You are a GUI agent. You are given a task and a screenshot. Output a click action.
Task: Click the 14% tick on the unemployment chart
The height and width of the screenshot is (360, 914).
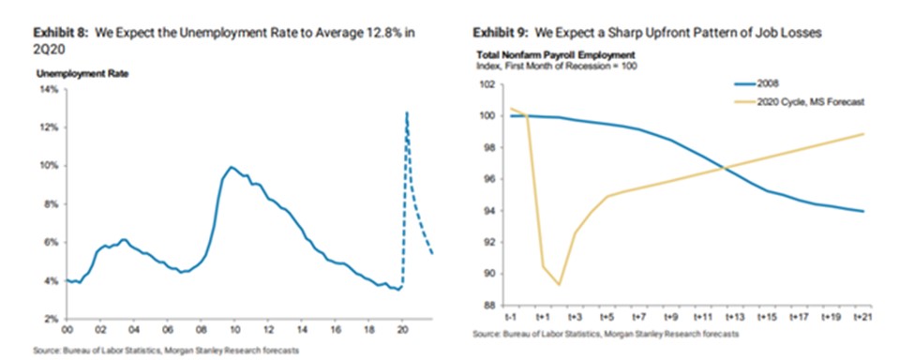[49, 89]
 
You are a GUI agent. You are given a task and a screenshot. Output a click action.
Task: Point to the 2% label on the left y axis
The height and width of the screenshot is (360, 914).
[51, 320]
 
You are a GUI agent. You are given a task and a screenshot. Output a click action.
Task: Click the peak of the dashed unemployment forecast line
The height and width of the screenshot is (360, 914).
[406, 112]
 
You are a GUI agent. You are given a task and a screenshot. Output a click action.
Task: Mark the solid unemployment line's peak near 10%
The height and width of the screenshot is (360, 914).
[232, 167]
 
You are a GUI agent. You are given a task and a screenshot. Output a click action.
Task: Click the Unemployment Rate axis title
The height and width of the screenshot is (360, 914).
[82, 74]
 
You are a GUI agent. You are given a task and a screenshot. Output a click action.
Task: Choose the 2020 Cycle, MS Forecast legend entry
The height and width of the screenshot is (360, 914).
[799, 101]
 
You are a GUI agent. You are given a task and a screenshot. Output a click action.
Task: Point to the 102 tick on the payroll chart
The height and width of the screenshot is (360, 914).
[489, 84]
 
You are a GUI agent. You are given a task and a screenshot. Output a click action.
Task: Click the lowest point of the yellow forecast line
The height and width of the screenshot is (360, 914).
[559, 285]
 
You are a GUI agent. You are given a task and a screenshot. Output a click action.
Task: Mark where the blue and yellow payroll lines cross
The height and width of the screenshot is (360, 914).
[725, 169]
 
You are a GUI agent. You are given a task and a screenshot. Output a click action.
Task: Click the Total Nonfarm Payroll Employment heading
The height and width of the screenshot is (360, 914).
[556, 54]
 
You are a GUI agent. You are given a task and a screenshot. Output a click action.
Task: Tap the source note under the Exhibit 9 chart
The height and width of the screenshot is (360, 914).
[606, 335]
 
